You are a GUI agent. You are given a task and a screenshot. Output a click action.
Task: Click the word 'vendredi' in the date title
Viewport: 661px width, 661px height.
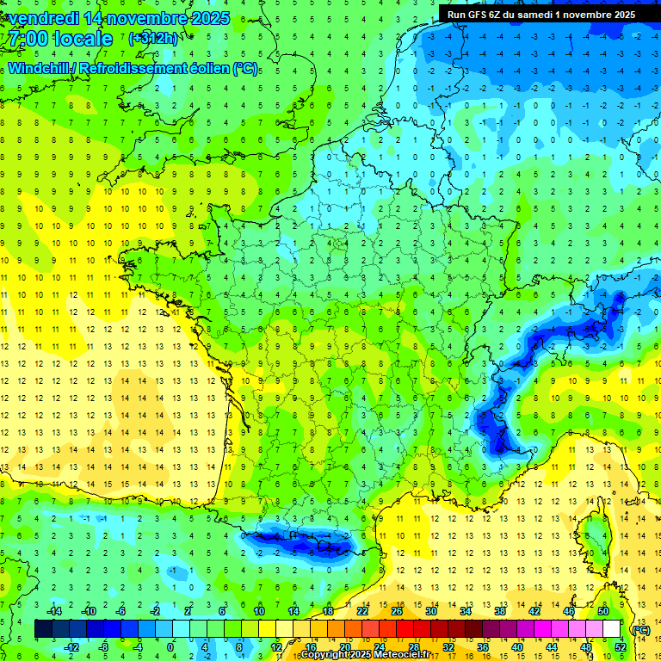click(40, 18)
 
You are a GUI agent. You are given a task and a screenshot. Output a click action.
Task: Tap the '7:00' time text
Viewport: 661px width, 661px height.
click(31, 39)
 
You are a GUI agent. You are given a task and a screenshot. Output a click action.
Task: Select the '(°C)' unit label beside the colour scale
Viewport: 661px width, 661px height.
click(641, 629)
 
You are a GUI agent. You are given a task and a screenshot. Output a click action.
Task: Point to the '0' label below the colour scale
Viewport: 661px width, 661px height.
click(170, 647)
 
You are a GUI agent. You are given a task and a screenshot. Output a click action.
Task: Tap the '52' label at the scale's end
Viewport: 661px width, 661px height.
click(621, 647)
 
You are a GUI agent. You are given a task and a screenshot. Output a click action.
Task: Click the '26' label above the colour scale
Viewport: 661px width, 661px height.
click(397, 610)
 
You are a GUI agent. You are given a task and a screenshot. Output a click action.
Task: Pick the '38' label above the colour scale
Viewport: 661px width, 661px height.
click(500, 610)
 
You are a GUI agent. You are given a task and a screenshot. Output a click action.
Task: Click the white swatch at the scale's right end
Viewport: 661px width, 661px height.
click(612, 629)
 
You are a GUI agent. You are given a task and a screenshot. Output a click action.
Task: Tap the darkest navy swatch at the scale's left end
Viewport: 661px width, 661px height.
click(42, 629)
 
